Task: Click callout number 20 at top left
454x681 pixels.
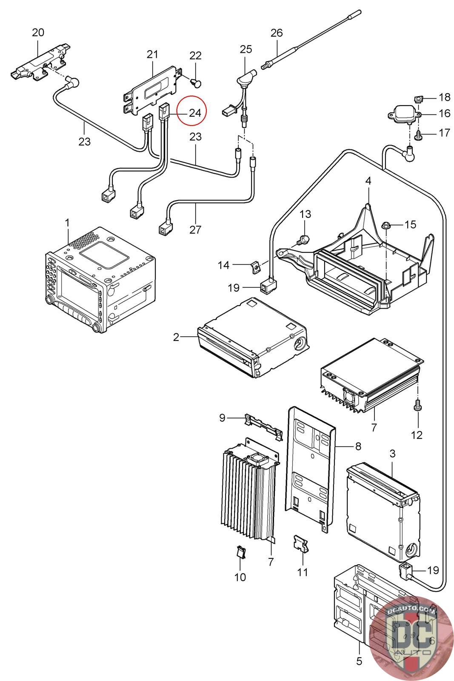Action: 38,33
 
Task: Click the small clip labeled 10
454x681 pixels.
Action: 241,552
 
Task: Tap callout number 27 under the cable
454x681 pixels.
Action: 195,230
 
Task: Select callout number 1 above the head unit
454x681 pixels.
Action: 67,222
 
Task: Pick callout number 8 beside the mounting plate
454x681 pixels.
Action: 358,446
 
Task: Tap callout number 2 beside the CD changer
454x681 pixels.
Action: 176,337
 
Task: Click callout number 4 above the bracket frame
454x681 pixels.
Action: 368,180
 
